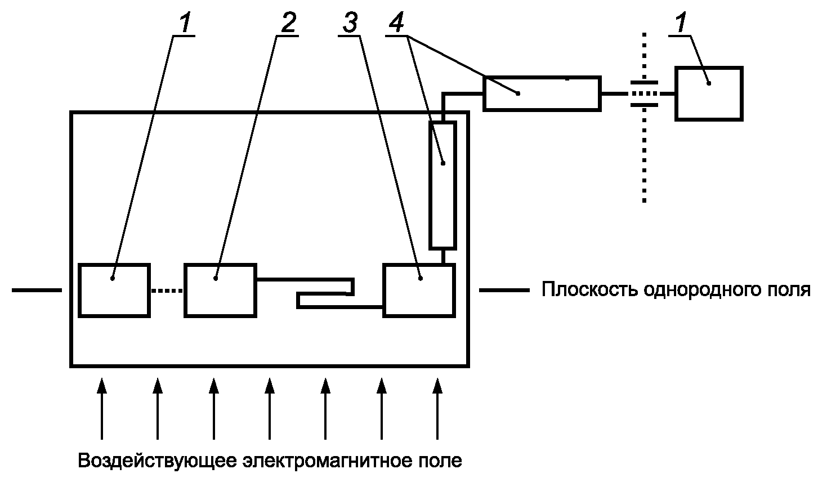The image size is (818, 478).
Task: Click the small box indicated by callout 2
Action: [x=221, y=289]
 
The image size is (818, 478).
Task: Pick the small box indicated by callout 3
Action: [x=418, y=289]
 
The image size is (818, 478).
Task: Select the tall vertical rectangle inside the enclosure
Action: [x=442, y=185]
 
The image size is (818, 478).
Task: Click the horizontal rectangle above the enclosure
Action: [x=542, y=93]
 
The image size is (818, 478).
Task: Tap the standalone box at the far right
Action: [x=709, y=93]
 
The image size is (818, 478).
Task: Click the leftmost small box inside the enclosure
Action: [x=114, y=289]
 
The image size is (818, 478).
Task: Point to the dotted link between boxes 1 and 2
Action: [x=167, y=291]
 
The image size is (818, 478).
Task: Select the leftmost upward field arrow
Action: [x=101, y=408]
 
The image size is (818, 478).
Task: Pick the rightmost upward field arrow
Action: [x=437, y=408]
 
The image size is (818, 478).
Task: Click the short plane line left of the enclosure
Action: [x=36, y=291]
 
